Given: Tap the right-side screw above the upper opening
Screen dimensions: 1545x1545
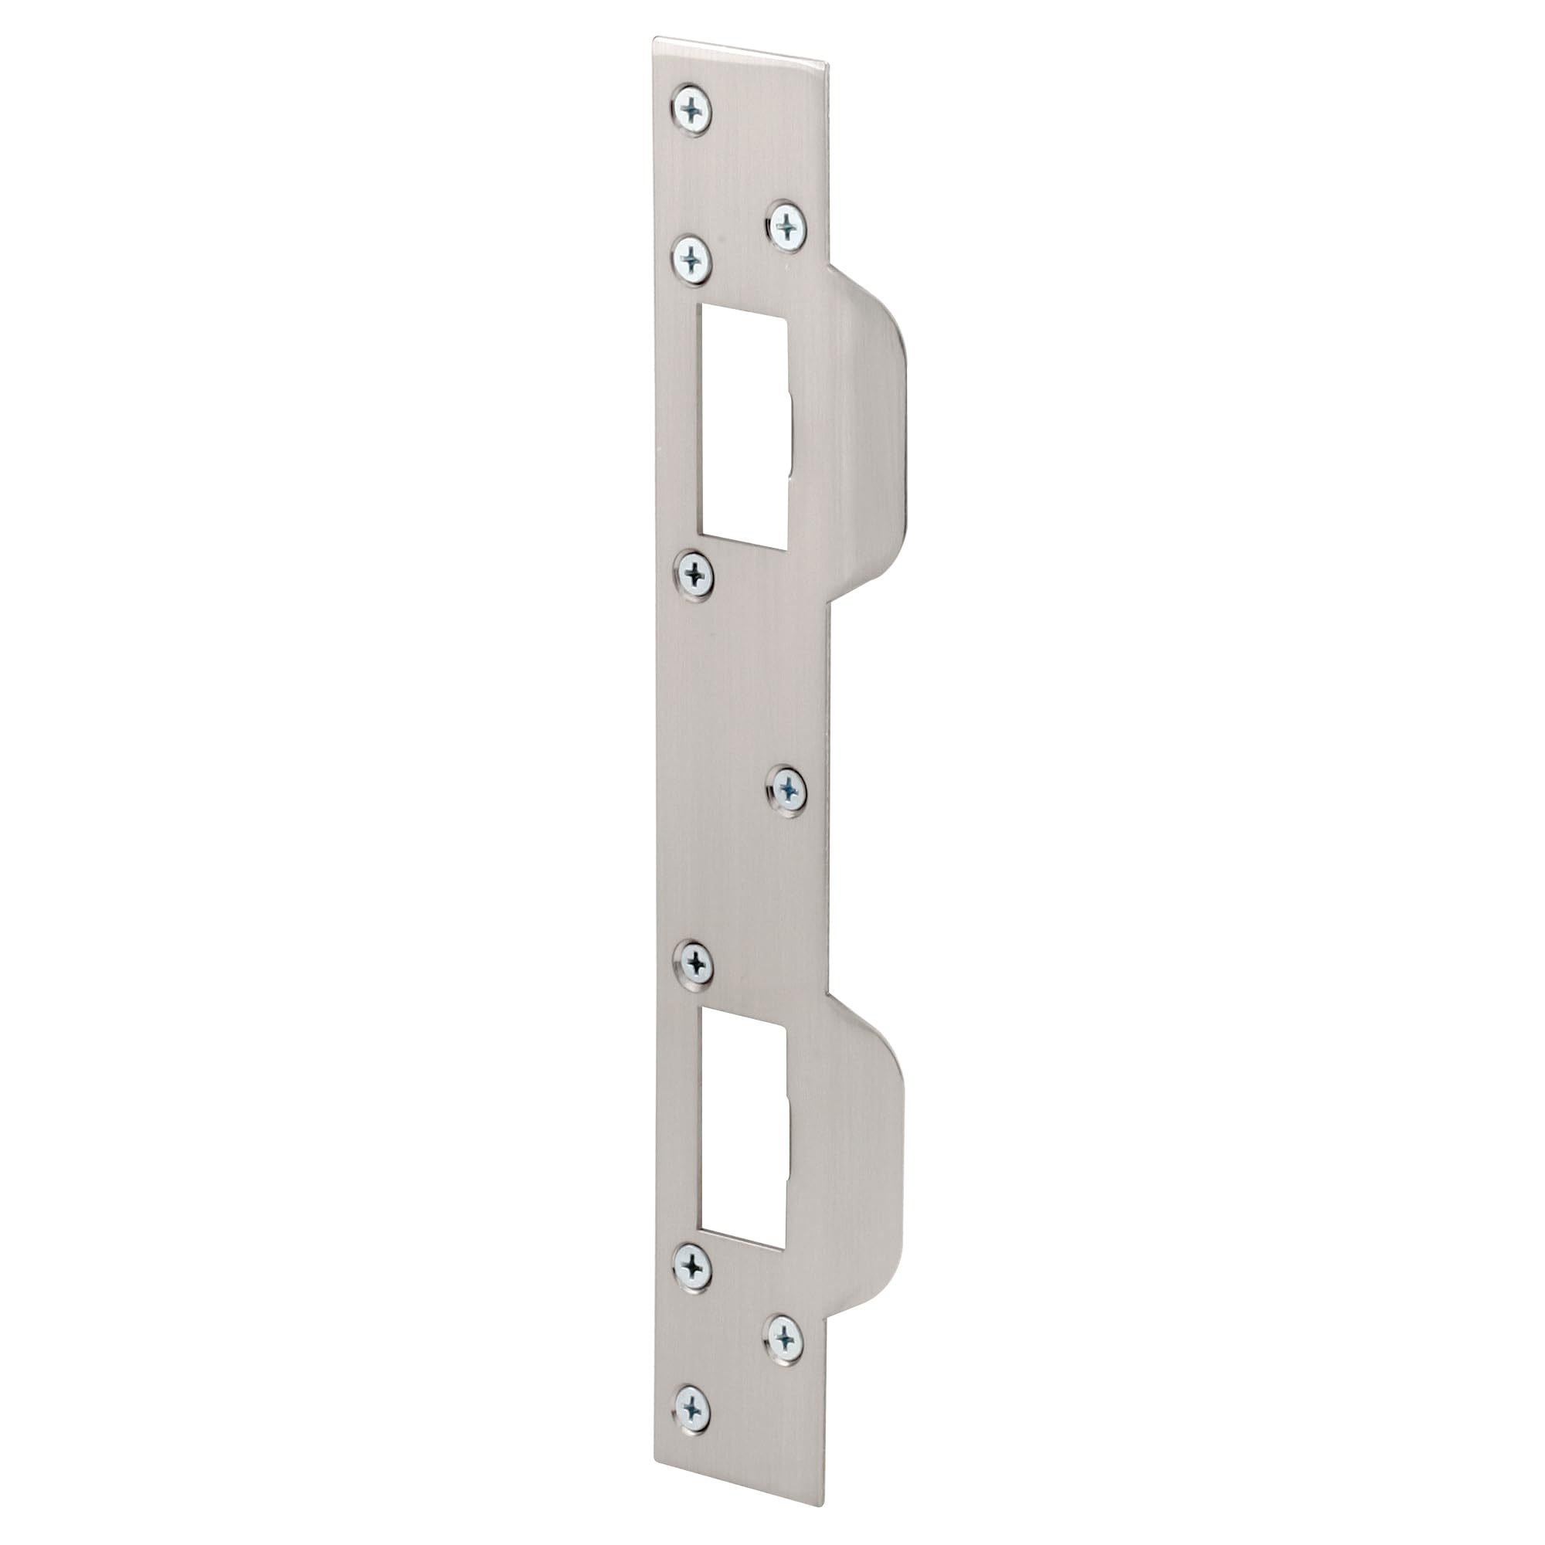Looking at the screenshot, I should click(788, 226).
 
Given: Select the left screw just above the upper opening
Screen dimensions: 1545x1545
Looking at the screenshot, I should click(692, 257).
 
